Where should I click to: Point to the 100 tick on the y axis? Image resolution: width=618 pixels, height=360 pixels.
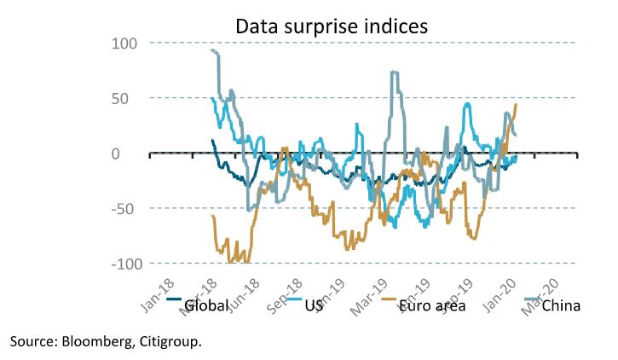coord(124,43)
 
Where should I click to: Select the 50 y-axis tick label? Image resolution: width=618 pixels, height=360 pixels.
coord(129,98)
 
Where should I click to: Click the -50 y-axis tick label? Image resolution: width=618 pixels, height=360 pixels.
coord(126,209)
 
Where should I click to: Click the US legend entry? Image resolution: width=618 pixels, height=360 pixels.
coord(315,306)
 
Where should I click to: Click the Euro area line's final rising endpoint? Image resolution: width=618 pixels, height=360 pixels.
coord(517,104)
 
